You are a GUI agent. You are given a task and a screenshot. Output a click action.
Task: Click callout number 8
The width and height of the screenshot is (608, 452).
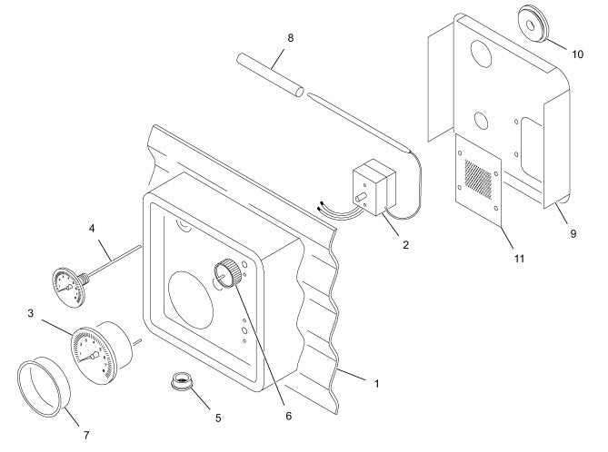pyautogui.click(x=291, y=38)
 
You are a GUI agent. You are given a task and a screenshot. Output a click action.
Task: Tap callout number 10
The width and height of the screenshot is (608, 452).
pyautogui.click(x=577, y=54)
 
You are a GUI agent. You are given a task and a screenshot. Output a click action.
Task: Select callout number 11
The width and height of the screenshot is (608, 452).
pyautogui.click(x=519, y=259)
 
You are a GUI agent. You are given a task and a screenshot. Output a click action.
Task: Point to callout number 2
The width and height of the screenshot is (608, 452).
pyautogui.click(x=405, y=245)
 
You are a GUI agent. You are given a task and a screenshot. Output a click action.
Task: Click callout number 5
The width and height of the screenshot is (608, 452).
pyautogui.click(x=218, y=418)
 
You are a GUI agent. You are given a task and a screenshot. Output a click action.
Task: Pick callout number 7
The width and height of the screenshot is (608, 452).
pyautogui.click(x=86, y=436)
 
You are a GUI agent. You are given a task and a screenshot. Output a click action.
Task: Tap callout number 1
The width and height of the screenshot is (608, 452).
pyautogui.click(x=376, y=383)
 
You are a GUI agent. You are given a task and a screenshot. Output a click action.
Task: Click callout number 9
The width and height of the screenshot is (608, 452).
pyautogui.click(x=573, y=233)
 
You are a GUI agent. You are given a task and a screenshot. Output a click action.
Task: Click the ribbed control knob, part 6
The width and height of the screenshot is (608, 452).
pyautogui.click(x=227, y=273)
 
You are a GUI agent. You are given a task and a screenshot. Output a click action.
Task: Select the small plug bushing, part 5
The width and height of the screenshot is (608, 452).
pyautogui.click(x=182, y=381)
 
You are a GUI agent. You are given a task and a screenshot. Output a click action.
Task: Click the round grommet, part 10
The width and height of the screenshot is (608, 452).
pyautogui.click(x=533, y=24)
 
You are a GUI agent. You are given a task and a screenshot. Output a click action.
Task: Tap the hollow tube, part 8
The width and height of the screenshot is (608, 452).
pyautogui.click(x=270, y=75)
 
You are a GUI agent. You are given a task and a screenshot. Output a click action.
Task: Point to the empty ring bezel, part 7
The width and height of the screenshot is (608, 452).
pyautogui.click(x=44, y=387)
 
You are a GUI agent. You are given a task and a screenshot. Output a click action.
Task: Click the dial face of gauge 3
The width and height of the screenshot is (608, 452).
pyautogui.click(x=94, y=356)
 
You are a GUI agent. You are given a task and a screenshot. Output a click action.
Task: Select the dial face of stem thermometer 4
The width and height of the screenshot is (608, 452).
pyautogui.click(x=68, y=288)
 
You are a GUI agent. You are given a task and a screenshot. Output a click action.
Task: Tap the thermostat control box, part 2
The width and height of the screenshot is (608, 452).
pyautogui.click(x=374, y=187)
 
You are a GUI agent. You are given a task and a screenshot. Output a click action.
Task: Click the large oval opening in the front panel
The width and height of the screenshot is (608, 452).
pyautogui.click(x=190, y=300)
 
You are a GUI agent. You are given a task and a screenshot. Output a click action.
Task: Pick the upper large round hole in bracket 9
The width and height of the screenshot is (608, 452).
pyautogui.click(x=481, y=54)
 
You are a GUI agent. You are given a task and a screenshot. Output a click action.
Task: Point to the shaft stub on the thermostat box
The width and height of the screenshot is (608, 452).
pyautogui.click(x=361, y=197)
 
